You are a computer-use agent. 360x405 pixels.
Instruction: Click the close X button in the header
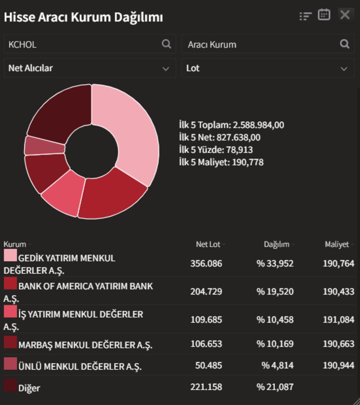(x=345, y=15)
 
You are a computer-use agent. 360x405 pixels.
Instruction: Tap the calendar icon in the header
(x=324, y=15)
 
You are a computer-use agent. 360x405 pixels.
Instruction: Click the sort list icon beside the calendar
(x=305, y=16)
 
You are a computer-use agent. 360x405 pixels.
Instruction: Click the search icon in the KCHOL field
(x=166, y=44)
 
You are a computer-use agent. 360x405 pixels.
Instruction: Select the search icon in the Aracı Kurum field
(x=344, y=44)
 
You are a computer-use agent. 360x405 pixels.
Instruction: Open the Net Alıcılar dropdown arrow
(x=166, y=69)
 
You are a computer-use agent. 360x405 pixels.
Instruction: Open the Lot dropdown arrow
(x=344, y=69)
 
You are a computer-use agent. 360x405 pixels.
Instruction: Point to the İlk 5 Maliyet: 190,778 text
(x=221, y=162)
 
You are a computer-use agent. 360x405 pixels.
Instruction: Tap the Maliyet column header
(x=337, y=245)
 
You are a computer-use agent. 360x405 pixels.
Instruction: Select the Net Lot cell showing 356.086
(x=206, y=264)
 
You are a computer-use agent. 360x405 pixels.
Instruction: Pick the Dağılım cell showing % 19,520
(x=275, y=292)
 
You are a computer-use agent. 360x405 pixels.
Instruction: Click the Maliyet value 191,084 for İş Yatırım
(x=338, y=320)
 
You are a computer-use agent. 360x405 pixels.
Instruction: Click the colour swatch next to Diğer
(x=10, y=385)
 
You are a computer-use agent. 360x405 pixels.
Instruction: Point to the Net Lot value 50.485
(x=208, y=365)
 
